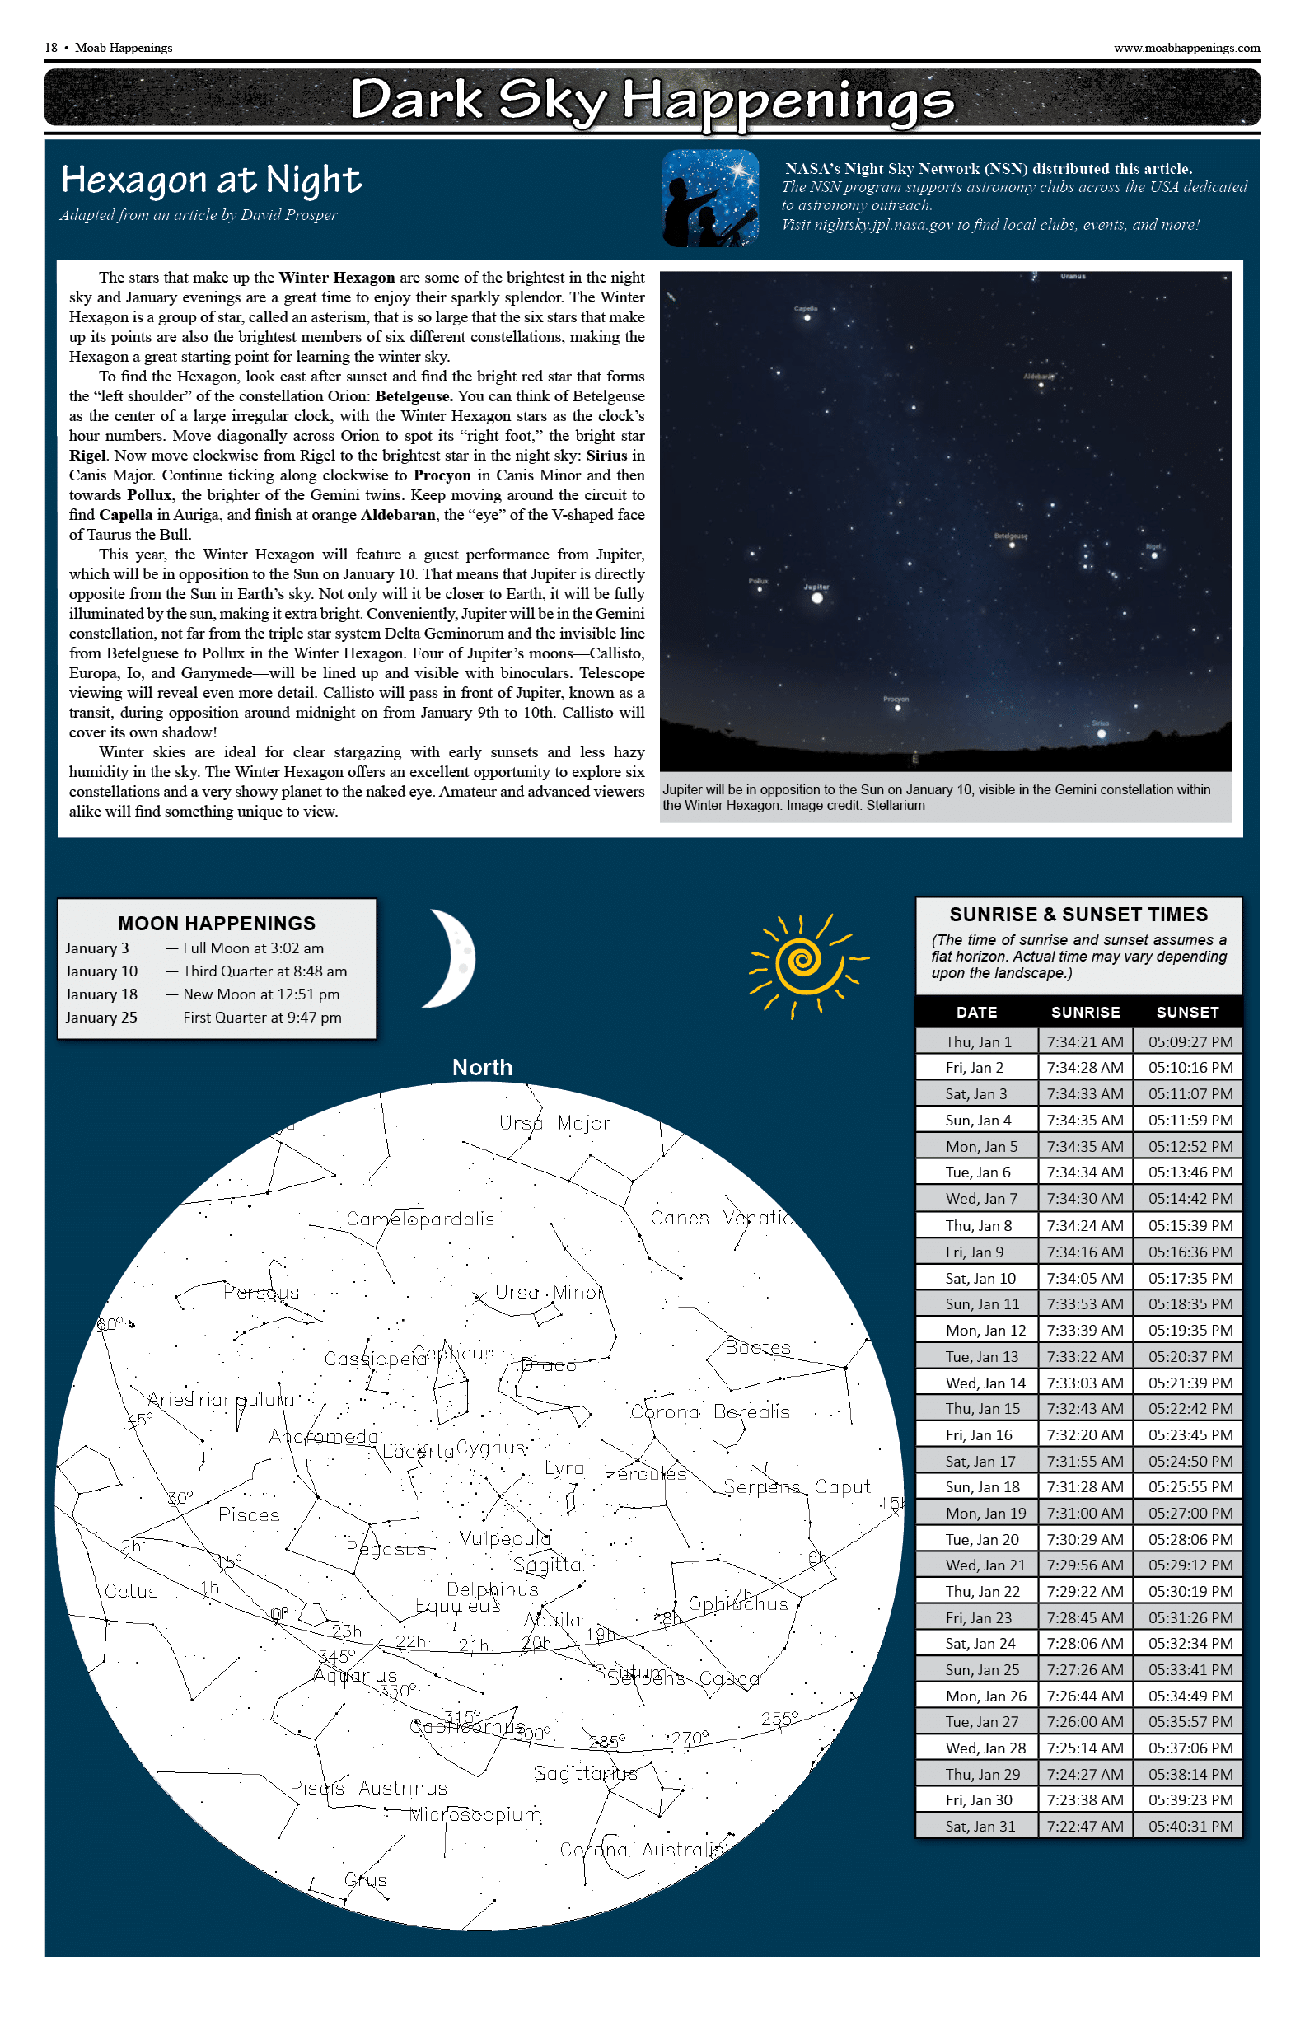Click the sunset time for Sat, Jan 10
(1190, 1278)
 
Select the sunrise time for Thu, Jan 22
(1085, 1592)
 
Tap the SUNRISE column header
(1085, 1012)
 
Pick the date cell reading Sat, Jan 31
(980, 1827)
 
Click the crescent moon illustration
(451, 958)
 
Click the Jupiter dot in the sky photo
(817, 598)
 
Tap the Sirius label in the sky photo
(1100, 723)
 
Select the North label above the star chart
(482, 1068)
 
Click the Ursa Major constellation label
(554, 1124)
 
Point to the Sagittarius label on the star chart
(586, 1773)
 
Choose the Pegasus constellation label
(386, 1549)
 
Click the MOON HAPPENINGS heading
(217, 923)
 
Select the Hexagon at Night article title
(211, 180)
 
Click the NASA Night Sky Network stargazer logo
(710, 199)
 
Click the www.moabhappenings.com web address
(1186, 49)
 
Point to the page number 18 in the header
(51, 49)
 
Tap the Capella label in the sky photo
(806, 308)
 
